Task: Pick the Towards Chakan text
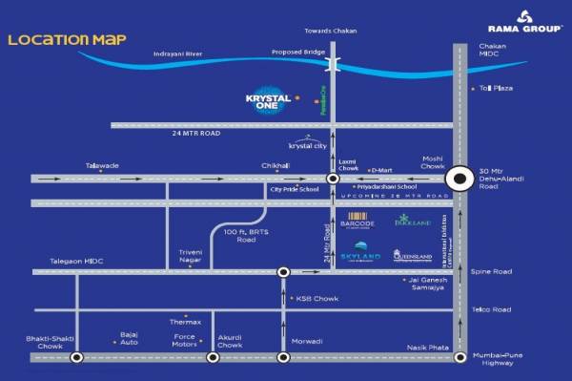330,30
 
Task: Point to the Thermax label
185,322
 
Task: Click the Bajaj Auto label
130,338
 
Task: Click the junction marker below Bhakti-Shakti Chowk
75,358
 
